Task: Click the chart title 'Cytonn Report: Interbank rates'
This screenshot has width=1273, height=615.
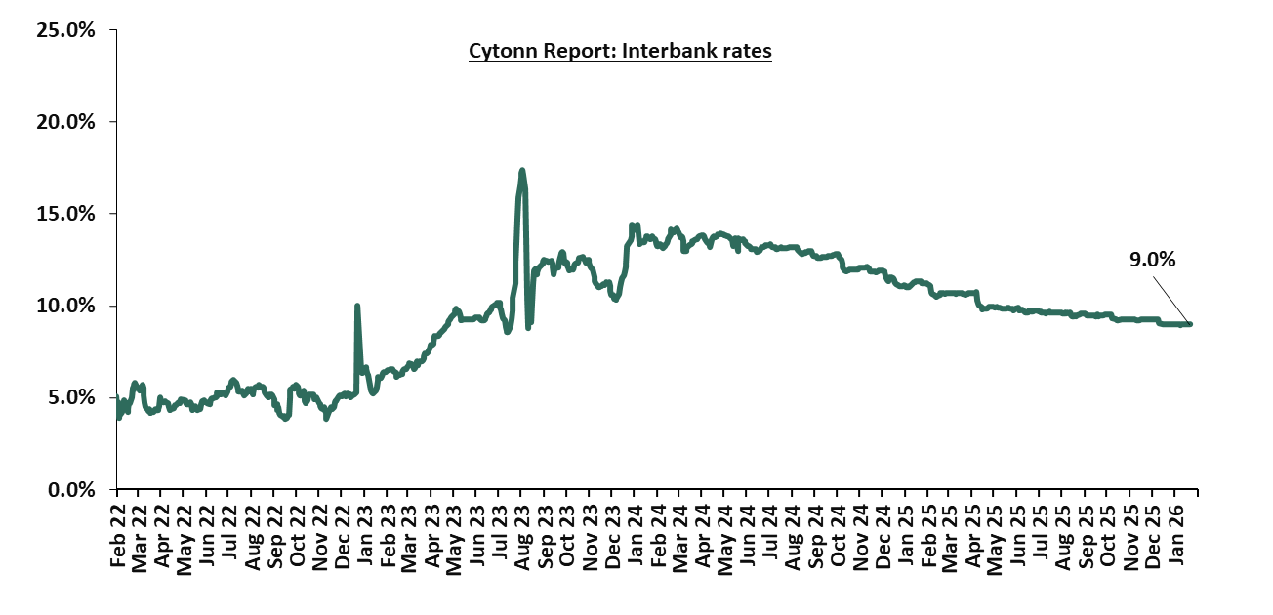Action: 620,51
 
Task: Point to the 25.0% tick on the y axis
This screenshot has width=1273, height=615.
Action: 67,30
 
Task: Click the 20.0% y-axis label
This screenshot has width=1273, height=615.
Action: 67,122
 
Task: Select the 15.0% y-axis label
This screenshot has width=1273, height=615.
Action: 67,214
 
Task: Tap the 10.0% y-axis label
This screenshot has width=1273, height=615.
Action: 67,306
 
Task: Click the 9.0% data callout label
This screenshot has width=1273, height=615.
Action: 1153,260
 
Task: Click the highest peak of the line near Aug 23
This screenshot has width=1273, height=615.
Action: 522,171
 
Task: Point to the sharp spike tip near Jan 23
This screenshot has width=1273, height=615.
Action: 357,306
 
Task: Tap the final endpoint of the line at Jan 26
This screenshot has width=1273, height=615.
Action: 1189,324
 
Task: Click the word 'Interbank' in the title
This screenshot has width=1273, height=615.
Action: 667,51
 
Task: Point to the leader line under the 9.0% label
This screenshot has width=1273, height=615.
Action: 1170,300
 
